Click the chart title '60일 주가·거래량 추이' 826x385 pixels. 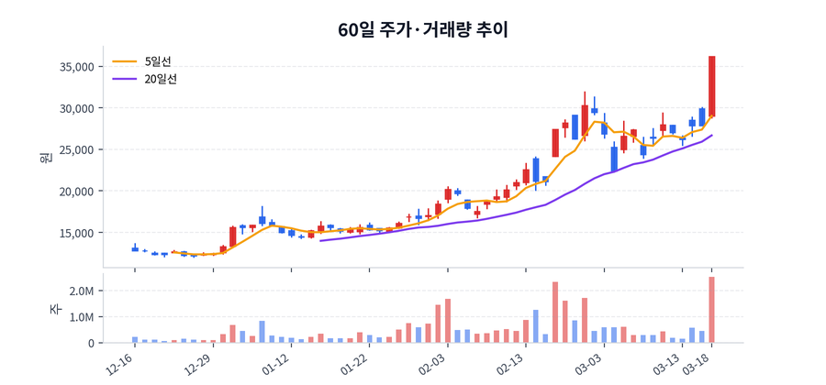(422, 29)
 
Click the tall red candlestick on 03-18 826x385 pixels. (711, 85)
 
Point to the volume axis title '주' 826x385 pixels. (53, 310)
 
